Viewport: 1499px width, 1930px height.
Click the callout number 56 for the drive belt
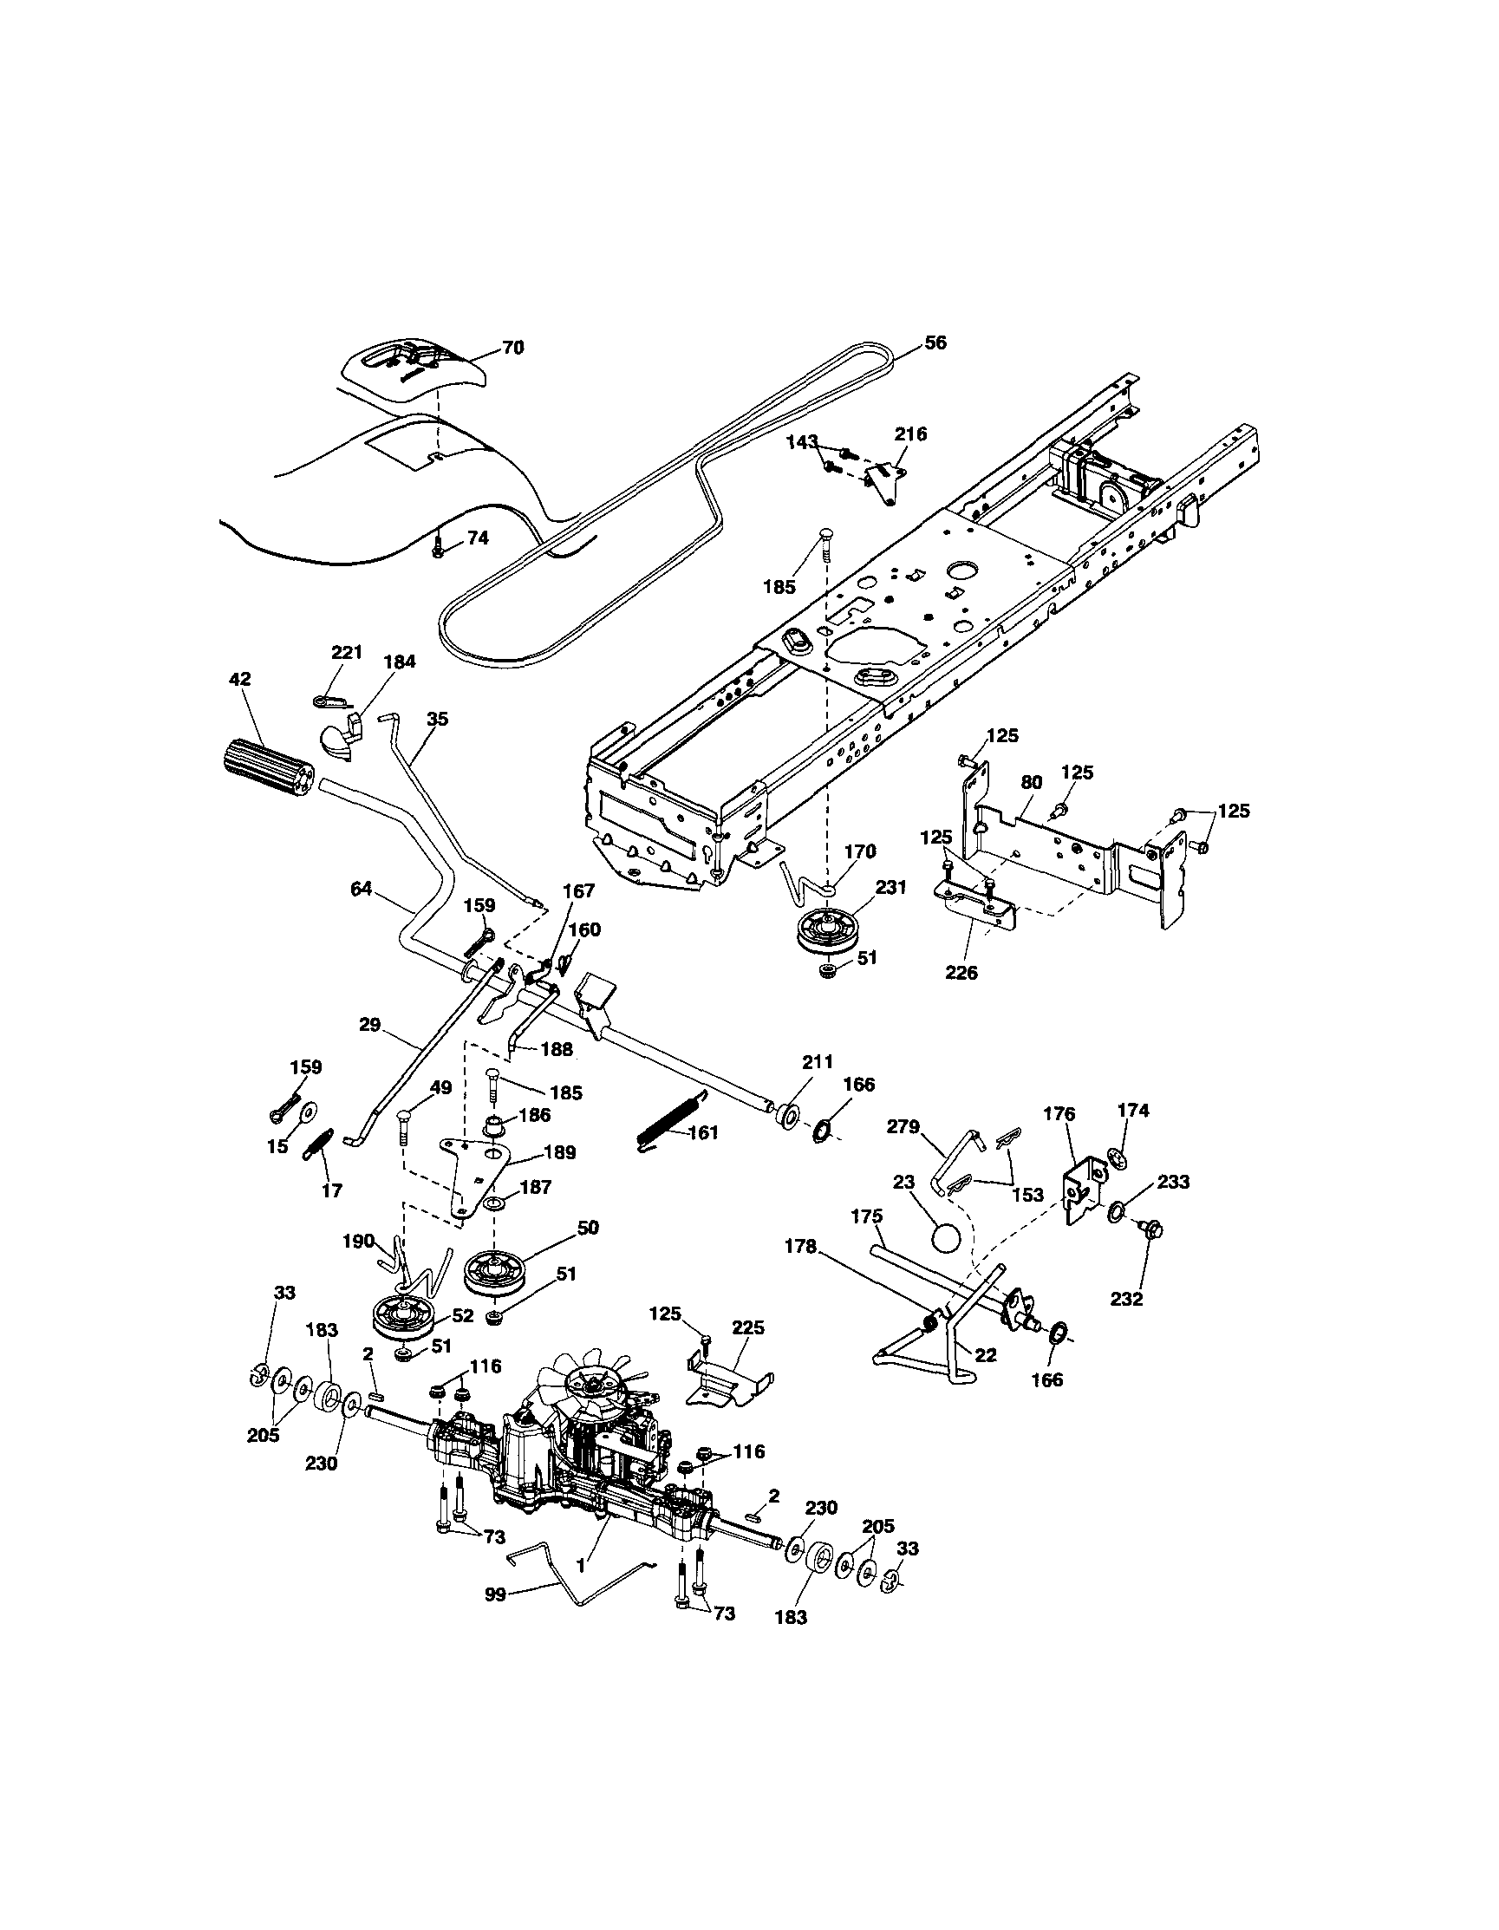click(935, 342)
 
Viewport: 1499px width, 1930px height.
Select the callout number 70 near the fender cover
click(512, 348)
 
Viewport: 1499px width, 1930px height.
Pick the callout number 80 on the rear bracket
click(1031, 782)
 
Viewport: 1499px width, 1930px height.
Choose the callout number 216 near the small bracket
click(910, 434)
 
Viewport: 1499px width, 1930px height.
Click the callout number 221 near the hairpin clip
click(347, 652)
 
